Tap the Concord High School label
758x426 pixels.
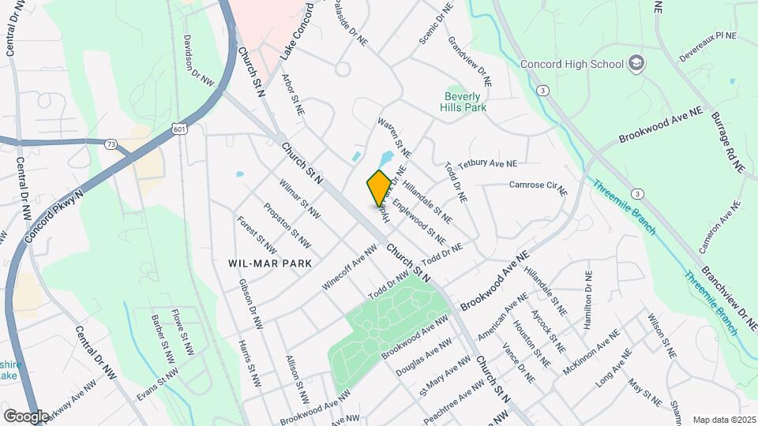tap(572, 64)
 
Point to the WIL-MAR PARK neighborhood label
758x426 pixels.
tap(269, 263)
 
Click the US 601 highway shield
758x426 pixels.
tap(179, 128)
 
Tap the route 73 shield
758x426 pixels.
tap(111, 144)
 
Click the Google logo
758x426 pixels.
tap(26, 416)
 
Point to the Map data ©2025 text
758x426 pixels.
tap(724, 420)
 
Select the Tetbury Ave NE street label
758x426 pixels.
tap(487, 163)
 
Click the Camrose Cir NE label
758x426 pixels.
tap(538, 186)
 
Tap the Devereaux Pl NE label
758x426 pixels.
tap(706, 36)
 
